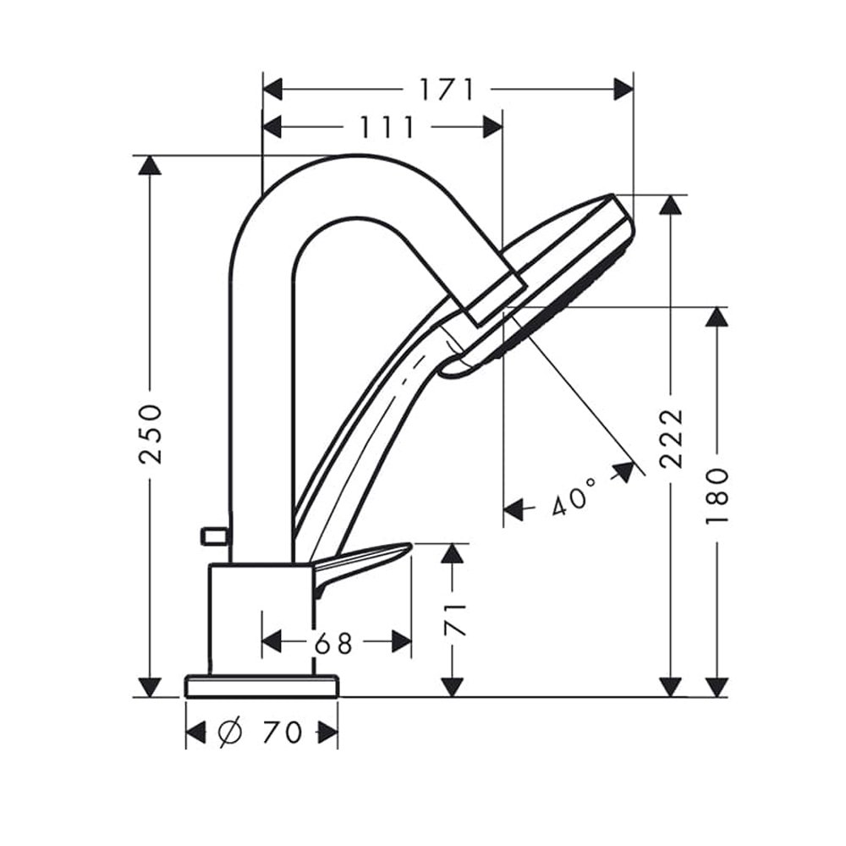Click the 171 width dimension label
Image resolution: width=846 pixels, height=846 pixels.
coord(448,90)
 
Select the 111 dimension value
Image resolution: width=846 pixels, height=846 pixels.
coord(387,128)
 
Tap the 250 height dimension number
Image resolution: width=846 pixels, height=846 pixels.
coord(150,426)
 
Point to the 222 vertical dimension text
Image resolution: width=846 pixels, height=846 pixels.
coord(671,437)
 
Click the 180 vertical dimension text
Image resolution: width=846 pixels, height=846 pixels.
coord(717,496)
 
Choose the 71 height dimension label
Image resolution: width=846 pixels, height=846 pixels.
coord(453,620)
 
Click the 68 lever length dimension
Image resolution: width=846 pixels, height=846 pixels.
coord(333,643)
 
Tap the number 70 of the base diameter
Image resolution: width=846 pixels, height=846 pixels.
coord(283,732)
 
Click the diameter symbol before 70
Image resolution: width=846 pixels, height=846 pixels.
coord(231,732)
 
